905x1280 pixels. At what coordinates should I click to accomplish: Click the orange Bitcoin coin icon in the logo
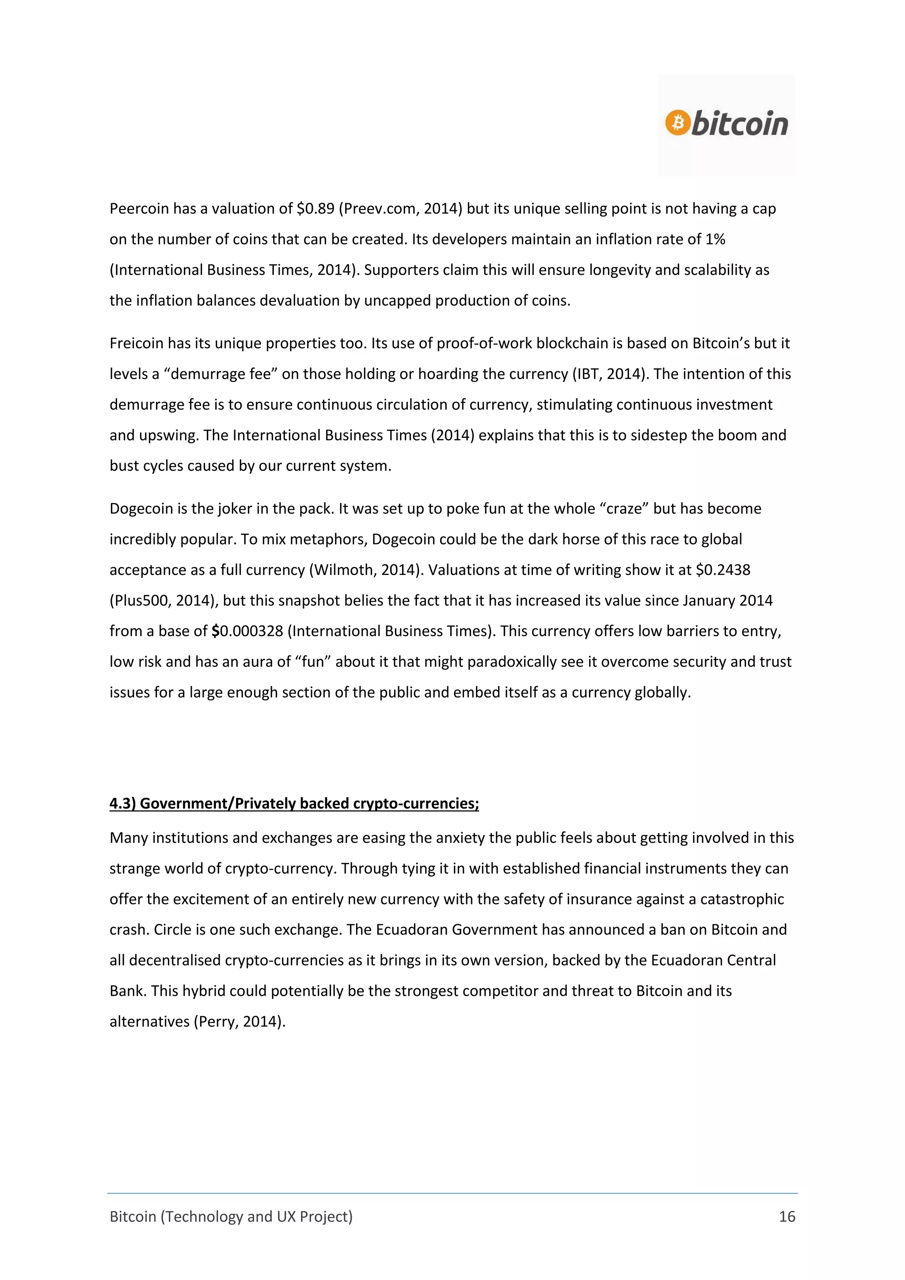677,122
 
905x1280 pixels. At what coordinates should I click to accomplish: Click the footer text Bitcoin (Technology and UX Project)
231,1216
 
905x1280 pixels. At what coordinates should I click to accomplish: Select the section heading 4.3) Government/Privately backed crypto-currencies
294,804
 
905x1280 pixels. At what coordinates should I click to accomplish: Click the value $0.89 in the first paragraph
315,209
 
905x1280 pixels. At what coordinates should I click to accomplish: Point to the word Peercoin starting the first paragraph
139,209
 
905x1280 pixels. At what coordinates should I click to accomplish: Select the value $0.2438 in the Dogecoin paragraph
723,570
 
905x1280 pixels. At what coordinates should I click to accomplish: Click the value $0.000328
247,631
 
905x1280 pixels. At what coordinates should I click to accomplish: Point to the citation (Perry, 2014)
240,1022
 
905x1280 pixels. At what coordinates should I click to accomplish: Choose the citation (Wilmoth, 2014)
365,570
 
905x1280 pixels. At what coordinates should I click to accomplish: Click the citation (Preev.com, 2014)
400,209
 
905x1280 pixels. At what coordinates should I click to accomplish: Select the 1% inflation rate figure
715,239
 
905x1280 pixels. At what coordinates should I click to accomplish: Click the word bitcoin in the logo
739,124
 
